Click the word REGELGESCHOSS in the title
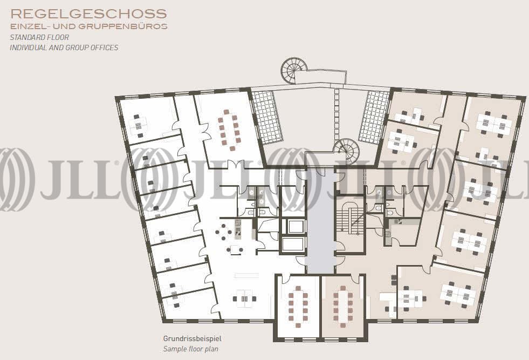pyautogui.click(x=89, y=14)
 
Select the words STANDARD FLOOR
pyautogui.click(x=39, y=37)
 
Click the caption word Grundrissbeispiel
pyautogui.click(x=193, y=338)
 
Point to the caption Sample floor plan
pyautogui.click(x=190, y=349)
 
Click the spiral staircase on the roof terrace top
pyautogui.click(x=293, y=71)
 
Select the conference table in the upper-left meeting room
pyautogui.click(x=229, y=130)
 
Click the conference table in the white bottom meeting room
pyautogui.click(x=298, y=307)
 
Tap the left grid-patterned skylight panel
pyautogui.click(x=267, y=117)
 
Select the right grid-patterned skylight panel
pyautogui.click(x=374, y=117)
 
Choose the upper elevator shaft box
pyautogui.click(x=293, y=226)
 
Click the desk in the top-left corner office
pyautogui.click(x=139, y=126)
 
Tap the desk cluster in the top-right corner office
pyautogui.click(x=494, y=124)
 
